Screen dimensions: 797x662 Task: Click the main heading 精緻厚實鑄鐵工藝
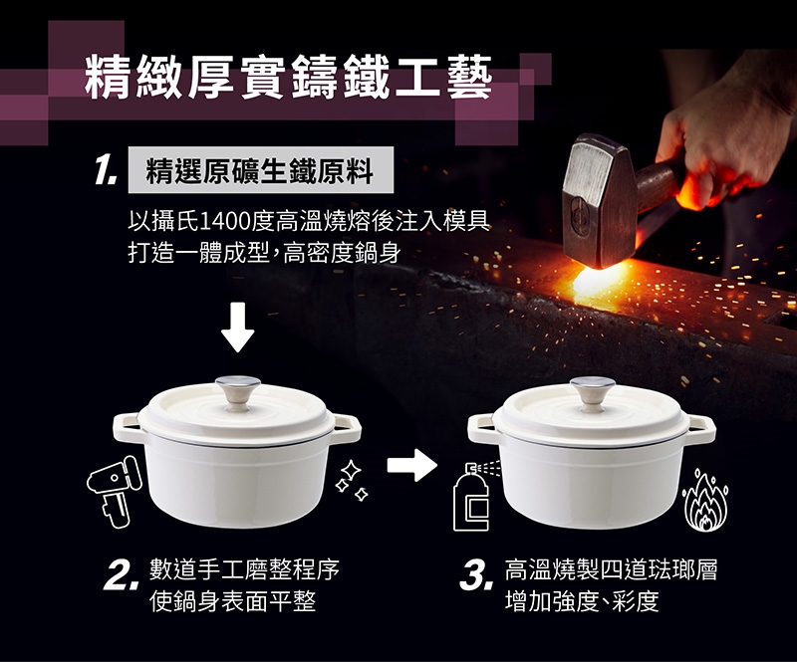[x=289, y=78]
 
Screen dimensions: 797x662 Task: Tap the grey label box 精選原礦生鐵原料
[x=261, y=169]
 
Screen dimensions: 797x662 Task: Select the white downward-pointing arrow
[x=237, y=327]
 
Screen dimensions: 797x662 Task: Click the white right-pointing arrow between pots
[x=411, y=464]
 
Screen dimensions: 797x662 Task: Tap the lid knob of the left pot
[x=237, y=392]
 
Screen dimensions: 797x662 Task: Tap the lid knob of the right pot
[x=592, y=393]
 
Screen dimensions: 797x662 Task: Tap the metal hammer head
[x=600, y=200]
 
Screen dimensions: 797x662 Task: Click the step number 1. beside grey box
[x=106, y=169]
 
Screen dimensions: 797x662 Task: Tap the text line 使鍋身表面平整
[x=232, y=601]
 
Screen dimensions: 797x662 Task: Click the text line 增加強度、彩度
[x=582, y=601]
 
